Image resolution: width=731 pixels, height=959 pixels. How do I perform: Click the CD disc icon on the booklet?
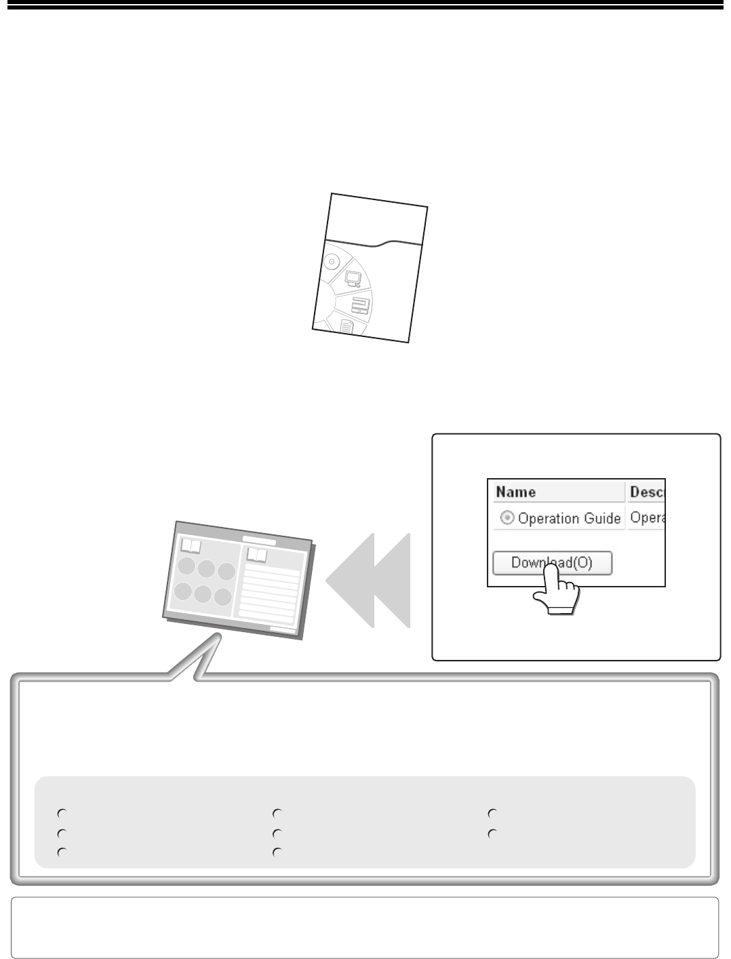pos(332,262)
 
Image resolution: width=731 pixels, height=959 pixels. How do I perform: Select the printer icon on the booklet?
pos(361,305)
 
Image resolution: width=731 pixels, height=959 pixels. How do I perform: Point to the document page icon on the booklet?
pos(347,327)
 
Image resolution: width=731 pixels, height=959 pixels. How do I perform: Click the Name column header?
pos(516,492)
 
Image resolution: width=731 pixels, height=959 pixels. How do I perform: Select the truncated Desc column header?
pos(647,492)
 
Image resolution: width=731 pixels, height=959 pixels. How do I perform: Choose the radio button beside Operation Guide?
pos(507,517)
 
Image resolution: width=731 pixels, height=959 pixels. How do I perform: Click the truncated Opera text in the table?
pos(647,517)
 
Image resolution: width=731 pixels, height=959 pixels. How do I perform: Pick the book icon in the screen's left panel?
pos(191,546)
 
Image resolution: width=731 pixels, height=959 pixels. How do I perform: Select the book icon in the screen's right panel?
pos(257,555)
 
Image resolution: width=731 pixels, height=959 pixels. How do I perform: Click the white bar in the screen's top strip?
pos(259,541)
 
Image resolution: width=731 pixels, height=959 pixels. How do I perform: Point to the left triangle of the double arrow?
pos(350,580)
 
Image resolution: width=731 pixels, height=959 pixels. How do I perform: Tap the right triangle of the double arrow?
pos(392,580)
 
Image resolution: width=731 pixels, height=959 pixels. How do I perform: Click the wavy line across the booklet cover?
pos(374,243)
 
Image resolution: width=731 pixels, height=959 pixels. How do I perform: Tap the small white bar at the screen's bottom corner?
pos(283,629)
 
